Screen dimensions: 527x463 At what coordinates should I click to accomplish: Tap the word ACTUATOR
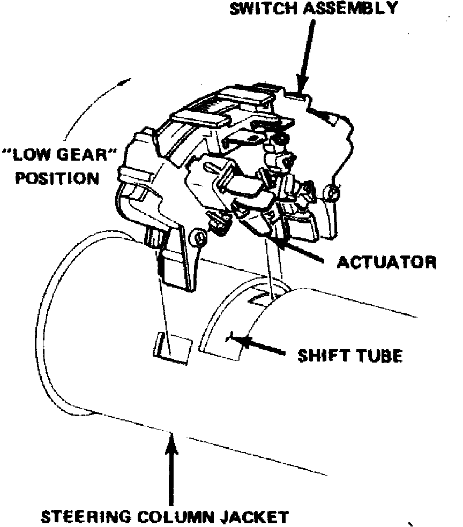pyautogui.click(x=386, y=262)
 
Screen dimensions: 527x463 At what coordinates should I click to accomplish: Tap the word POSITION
pyautogui.click(x=57, y=177)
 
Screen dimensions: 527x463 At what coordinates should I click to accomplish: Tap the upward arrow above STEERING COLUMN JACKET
pyautogui.click(x=171, y=466)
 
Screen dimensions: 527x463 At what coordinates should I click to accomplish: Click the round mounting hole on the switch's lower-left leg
pyautogui.click(x=199, y=237)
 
